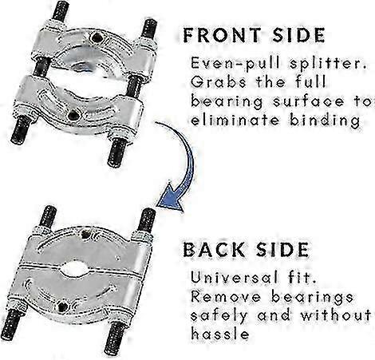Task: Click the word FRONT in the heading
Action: pos(223,35)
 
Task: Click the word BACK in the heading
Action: pos(214,250)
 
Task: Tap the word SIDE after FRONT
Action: pos(298,35)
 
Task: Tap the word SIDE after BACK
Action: pos(282,250)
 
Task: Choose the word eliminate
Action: pos(235,121)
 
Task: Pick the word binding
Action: pos(325,121)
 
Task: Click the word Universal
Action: pos(234,278)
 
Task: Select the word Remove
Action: pos(226,297)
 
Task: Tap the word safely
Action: pos(219,316)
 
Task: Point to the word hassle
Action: pos(220,334)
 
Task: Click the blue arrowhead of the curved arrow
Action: pos(171,197)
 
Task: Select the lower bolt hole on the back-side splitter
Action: pos(63,307)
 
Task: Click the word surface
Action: pos(309,101)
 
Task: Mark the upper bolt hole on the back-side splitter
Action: pos(85,235)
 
